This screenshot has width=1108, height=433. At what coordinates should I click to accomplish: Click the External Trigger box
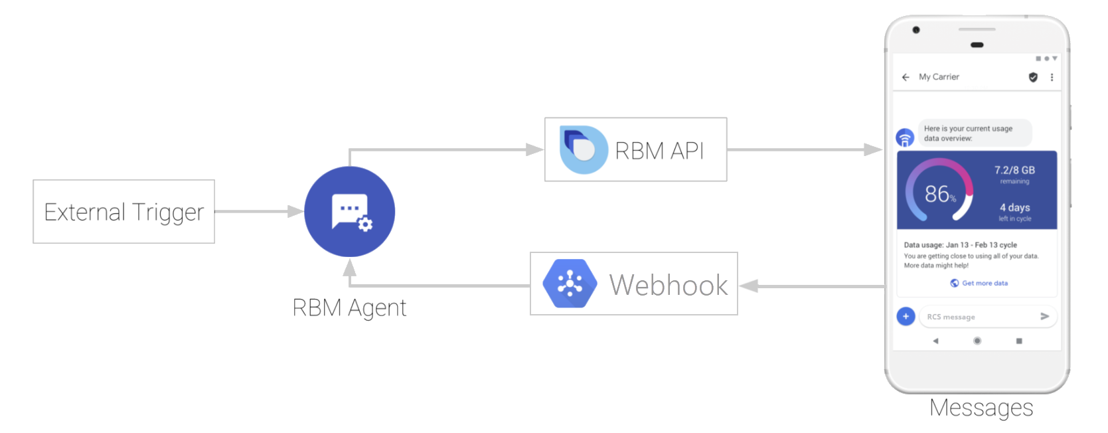click(123, 212)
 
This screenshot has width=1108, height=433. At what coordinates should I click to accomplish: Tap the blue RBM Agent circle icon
click(349, 212)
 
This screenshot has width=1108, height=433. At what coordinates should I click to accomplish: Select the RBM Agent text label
click(349, 308)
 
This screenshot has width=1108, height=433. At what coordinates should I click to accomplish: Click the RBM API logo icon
click(583, 150)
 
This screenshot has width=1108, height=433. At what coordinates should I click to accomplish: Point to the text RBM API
click(659, 151)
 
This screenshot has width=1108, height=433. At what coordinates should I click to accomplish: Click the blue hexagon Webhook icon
click(570, 284)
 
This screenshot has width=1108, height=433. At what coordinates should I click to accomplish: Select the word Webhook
click(669, 286)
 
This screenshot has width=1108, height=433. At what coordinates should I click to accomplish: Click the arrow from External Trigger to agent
click(259, 212)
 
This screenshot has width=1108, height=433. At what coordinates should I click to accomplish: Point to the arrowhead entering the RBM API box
click(535, 150)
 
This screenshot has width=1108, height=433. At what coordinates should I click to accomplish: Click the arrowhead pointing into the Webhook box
click(749, 286)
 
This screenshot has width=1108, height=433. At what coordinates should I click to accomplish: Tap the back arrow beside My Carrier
click(906, 78)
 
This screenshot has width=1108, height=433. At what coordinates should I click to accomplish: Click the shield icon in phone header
click(1033, 78)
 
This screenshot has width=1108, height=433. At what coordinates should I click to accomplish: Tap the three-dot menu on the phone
click(1052, 78)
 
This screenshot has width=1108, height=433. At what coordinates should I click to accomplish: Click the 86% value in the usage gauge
click(940, 194)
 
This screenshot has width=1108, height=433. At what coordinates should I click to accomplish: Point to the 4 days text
click(1015, 208)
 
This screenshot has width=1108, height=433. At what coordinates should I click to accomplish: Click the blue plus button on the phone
click(906, 317)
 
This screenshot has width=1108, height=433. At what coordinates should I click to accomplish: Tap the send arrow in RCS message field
click(1044, 317)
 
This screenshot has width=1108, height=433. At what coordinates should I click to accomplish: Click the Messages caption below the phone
click(981, 408)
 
